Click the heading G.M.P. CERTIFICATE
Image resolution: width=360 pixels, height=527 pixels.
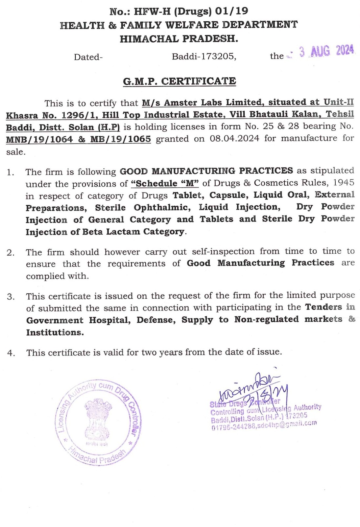point(180,81)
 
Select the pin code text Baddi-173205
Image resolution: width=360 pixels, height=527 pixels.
point(204,57)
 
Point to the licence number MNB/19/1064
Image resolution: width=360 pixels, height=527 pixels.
point(39,139)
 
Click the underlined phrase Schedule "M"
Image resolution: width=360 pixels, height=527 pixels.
point(165,183)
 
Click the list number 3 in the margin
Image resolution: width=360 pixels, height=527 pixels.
point(11,297)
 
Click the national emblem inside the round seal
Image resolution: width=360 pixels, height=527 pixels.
point(98,419)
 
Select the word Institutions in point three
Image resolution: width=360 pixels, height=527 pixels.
point(55,332)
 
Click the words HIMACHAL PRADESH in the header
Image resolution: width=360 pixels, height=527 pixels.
point(179,39)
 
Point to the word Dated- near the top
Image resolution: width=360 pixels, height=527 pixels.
point(88,57)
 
